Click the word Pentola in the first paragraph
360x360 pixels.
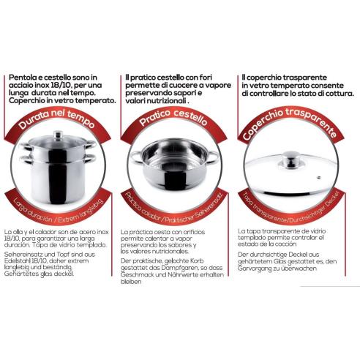(x=20, y=77)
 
